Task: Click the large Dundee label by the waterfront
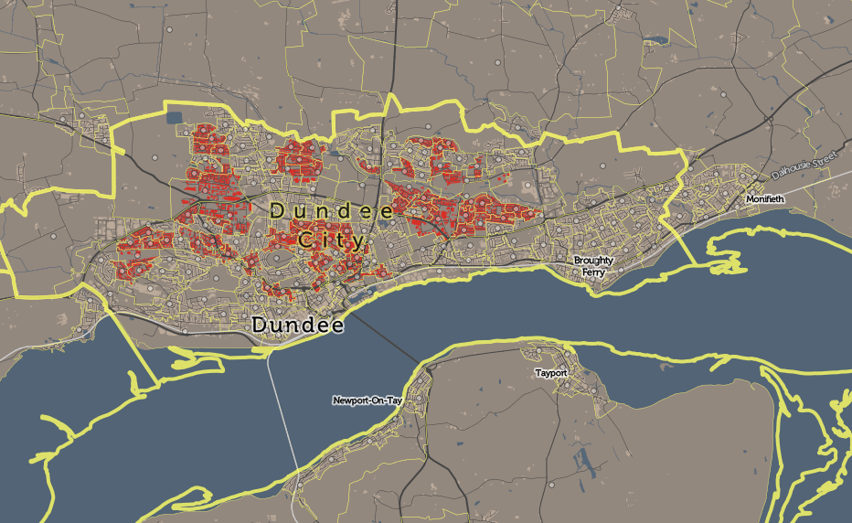pyautogui.click(x=297, y=326)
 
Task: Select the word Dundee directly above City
pyautogui.click(x=332, y=211)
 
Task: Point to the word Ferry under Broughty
pyautogui.click(x=593, y=272)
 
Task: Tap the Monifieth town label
pyautogui.click(x=764, y=198)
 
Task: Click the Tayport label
pyautogui.click(x=552, y=374)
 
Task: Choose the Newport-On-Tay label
pyautogui.click(x=367, y=400)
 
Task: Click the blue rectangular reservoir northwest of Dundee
pyautogui.click(x=175, y=116)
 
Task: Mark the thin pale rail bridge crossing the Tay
pyautogui.click(x=284, y=421)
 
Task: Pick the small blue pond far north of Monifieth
pyautogui.click(x=656, y=40)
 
